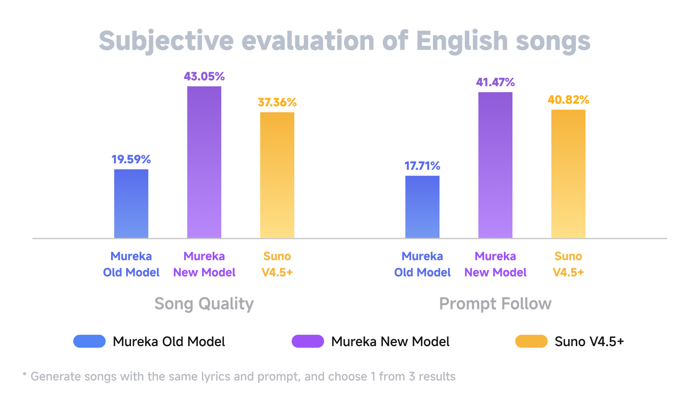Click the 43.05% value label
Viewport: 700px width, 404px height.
pyautogui.click(x=204, y=77)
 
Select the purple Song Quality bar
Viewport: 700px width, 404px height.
pyautogui.click(x=204, y=162)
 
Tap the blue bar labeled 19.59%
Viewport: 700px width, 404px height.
pyautogui.click(x=131, y=204)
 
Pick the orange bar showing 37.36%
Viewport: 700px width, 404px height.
pyautogui.click(x=277, y=175)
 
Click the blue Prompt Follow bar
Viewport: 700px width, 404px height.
pyautogui.click(x=422, y=207)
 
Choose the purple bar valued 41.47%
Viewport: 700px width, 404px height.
pyautogui.click(x=495, y=165)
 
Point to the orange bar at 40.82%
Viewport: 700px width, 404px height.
pyautogui.click(x=568, y=174)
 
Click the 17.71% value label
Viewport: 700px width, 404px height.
pyautogui.click(x=422, y=166)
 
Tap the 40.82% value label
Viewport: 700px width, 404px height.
pyautogui.click(x=568, y=100)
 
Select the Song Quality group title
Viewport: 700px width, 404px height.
pyautogui.click(x=204, y=304)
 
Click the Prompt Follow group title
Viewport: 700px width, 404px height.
pyautogui.click(x=495, y=304)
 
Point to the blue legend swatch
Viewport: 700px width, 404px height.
pyautogui.click(x=89, y=341)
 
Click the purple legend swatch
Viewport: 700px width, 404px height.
pyautogui.click(x=308, y=341)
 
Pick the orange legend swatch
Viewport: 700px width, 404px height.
pyautogui.click(x=531, y=341)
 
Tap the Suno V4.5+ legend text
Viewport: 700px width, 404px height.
pyautogui.click(x=589, y=342)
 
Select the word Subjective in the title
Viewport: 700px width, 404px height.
pyautogui.click(x=166, y=41)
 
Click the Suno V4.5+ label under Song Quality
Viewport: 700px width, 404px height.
pyautogui.click(x=277, y=264)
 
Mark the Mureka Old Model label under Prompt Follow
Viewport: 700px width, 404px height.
pyautogui.click(x=422, y=264)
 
